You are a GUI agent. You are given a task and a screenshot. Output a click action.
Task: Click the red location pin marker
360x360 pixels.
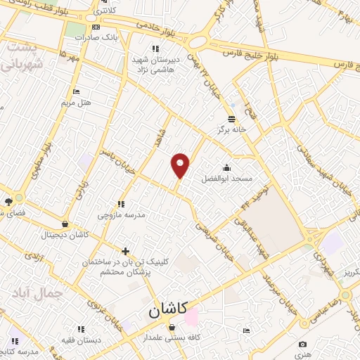[x=181, y=165]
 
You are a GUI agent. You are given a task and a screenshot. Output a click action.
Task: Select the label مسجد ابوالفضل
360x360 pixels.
[x=227, y=179]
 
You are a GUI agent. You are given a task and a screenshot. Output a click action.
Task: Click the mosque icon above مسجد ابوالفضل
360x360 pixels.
[x=226, y=168]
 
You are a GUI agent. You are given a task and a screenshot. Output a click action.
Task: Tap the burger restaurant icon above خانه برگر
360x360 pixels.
[x=231, y=118]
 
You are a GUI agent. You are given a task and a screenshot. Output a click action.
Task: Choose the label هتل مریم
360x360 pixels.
[x=76, y=103]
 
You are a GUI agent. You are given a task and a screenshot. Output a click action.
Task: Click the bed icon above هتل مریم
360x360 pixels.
[x=76, y=91]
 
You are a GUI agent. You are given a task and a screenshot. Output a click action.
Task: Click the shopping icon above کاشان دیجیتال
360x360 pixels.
[x=65, y=224]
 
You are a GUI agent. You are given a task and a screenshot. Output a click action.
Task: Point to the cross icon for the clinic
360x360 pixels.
[x=125, y=251]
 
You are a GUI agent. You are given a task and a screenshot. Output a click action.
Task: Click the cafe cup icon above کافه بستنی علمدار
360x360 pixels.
[x=172, y=327]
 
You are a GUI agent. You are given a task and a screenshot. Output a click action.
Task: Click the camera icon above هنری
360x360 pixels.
[x=302, y=345]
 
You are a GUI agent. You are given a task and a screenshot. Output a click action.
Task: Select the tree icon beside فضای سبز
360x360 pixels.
[x=8, y=202]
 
